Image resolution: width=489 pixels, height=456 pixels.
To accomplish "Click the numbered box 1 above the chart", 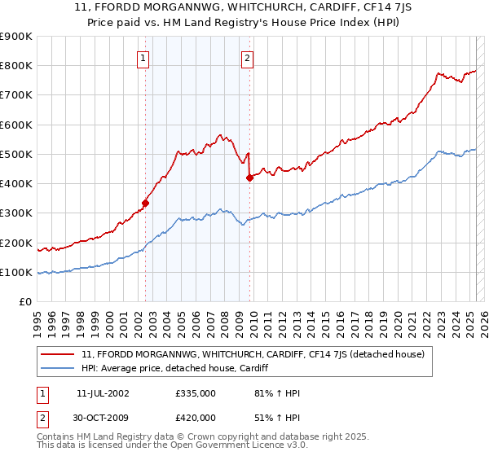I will pyautogui.click(x=143, y=58).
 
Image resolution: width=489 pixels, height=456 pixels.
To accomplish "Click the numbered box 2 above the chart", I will pyautogui.click(x=246, y=58).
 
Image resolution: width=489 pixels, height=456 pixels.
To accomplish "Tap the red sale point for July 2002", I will pyautogui.click(x=146, y=203).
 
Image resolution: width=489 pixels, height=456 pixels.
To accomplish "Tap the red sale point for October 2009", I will pyautogui.click(x=250, y=178).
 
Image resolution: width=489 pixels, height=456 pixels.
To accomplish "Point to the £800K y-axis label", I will pyautogui.click(x=15, y=66).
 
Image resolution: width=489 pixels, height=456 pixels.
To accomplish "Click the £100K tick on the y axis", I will pyautogui.click(x=15, y=273).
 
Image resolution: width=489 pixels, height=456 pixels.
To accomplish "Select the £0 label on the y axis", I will pyautogui.click(x=24, y=302).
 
